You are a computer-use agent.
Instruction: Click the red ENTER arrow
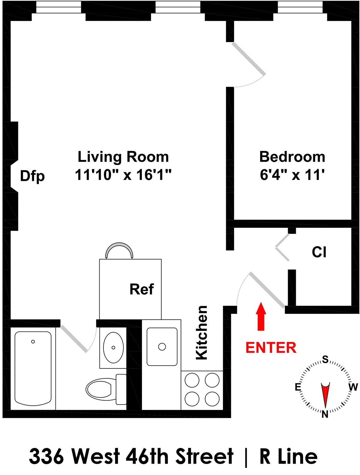click(261, 316)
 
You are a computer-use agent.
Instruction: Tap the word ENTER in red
click(271, 347)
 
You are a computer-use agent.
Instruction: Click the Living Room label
click(123, 157)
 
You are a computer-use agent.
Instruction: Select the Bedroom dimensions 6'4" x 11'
click(292, 175)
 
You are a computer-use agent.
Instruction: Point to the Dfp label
click(32, 176)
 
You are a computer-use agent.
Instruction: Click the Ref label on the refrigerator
click(142, 289)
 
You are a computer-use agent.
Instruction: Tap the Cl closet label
click(319, 252)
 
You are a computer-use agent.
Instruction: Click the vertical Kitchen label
click(202, 332)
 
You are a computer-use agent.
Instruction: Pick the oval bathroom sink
click(113, 347)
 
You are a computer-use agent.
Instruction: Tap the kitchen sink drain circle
click(162, 347)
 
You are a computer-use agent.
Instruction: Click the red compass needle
click(325, 393)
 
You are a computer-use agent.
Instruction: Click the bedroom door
click(249, 59)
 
